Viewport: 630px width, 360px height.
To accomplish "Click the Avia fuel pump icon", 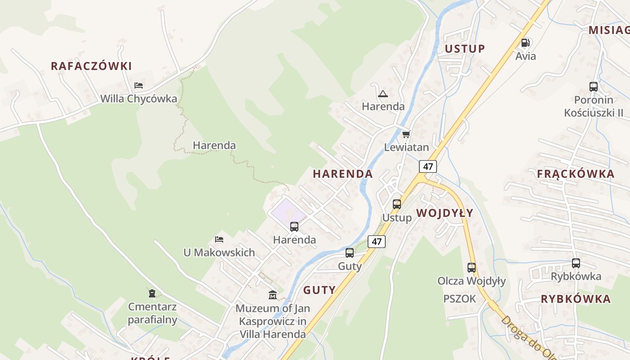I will pyautogui.click(x=525, y=43).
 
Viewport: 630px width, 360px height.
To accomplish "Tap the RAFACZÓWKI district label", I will pyautogui.click(x=91, y=66).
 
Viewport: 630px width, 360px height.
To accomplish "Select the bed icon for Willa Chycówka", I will pyautogui.click(x=139, y=85).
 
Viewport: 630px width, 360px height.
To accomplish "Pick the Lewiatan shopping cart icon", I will pyautogui.click(x=406, y=134).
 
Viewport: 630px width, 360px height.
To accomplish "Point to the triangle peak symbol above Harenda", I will pyautogui.click(x=383, y=94).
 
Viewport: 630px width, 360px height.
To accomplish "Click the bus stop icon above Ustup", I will pyautogui.click(x=397, y=204).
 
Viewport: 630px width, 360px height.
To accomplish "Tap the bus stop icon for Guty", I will pyautogui.click(x=350, y=253).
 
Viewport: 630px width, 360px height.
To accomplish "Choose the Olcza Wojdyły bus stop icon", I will pyautogui.click(x=472, y=268).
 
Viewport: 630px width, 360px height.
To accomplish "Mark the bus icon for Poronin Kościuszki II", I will pyautogui.click(x=594, y=87).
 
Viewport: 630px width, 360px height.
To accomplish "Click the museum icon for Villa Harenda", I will pyautogui.click(x=273, y=295).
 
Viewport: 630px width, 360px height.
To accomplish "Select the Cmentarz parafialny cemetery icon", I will pyautogui.click(x=152, y=293).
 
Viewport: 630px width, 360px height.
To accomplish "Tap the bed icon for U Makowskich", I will pyautogui.click(x=219, y=239).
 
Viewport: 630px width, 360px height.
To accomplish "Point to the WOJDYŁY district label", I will pyautogui.click(x=445, y=213).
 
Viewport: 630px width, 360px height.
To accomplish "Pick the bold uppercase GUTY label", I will pyautogui.click(x=319, y=290).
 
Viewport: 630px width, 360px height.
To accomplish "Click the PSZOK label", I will pyautogui.click(x=459, y=299).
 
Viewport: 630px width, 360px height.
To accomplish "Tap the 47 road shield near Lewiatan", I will pyautogui.click(x=428, y=166).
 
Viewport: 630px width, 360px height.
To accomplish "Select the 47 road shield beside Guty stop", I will pyautogui.click(x=377, y=242).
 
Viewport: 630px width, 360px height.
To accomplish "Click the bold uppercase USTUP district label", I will pyautogui.click(x=465, y=49).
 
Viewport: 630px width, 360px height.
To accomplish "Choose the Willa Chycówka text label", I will pyautogui.click(x=139, y=99).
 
